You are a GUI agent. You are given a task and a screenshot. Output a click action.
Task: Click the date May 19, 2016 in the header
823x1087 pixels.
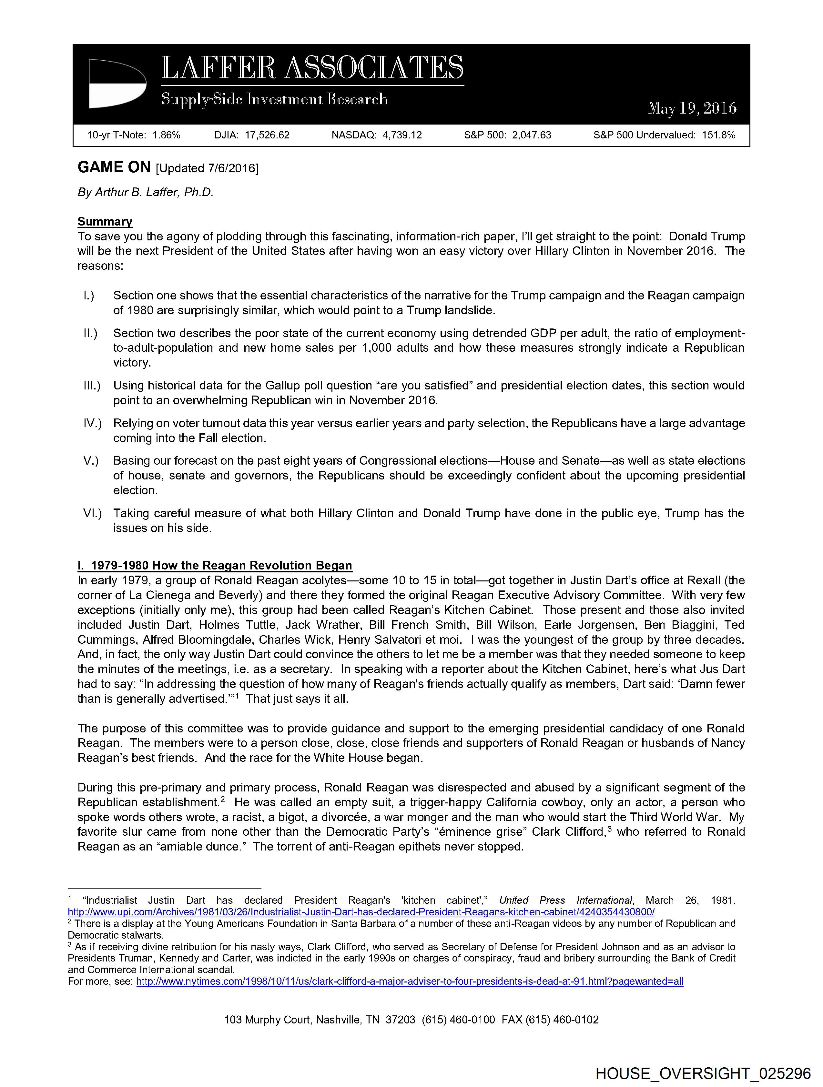692,108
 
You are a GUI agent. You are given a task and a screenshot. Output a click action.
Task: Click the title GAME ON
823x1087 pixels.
114,167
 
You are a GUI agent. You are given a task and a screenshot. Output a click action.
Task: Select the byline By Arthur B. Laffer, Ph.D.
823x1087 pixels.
146,192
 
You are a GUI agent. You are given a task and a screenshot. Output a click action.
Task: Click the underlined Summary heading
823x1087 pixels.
105,222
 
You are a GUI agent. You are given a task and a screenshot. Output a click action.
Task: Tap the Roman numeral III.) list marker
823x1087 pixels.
92,386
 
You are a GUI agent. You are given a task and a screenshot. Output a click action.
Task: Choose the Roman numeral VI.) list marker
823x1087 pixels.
92,514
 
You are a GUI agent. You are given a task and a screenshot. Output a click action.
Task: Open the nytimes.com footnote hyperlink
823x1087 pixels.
410,981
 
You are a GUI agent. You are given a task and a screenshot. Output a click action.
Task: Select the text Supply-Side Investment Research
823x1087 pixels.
274,100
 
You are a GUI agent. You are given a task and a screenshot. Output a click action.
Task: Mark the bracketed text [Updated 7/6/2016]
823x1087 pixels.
207,168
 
